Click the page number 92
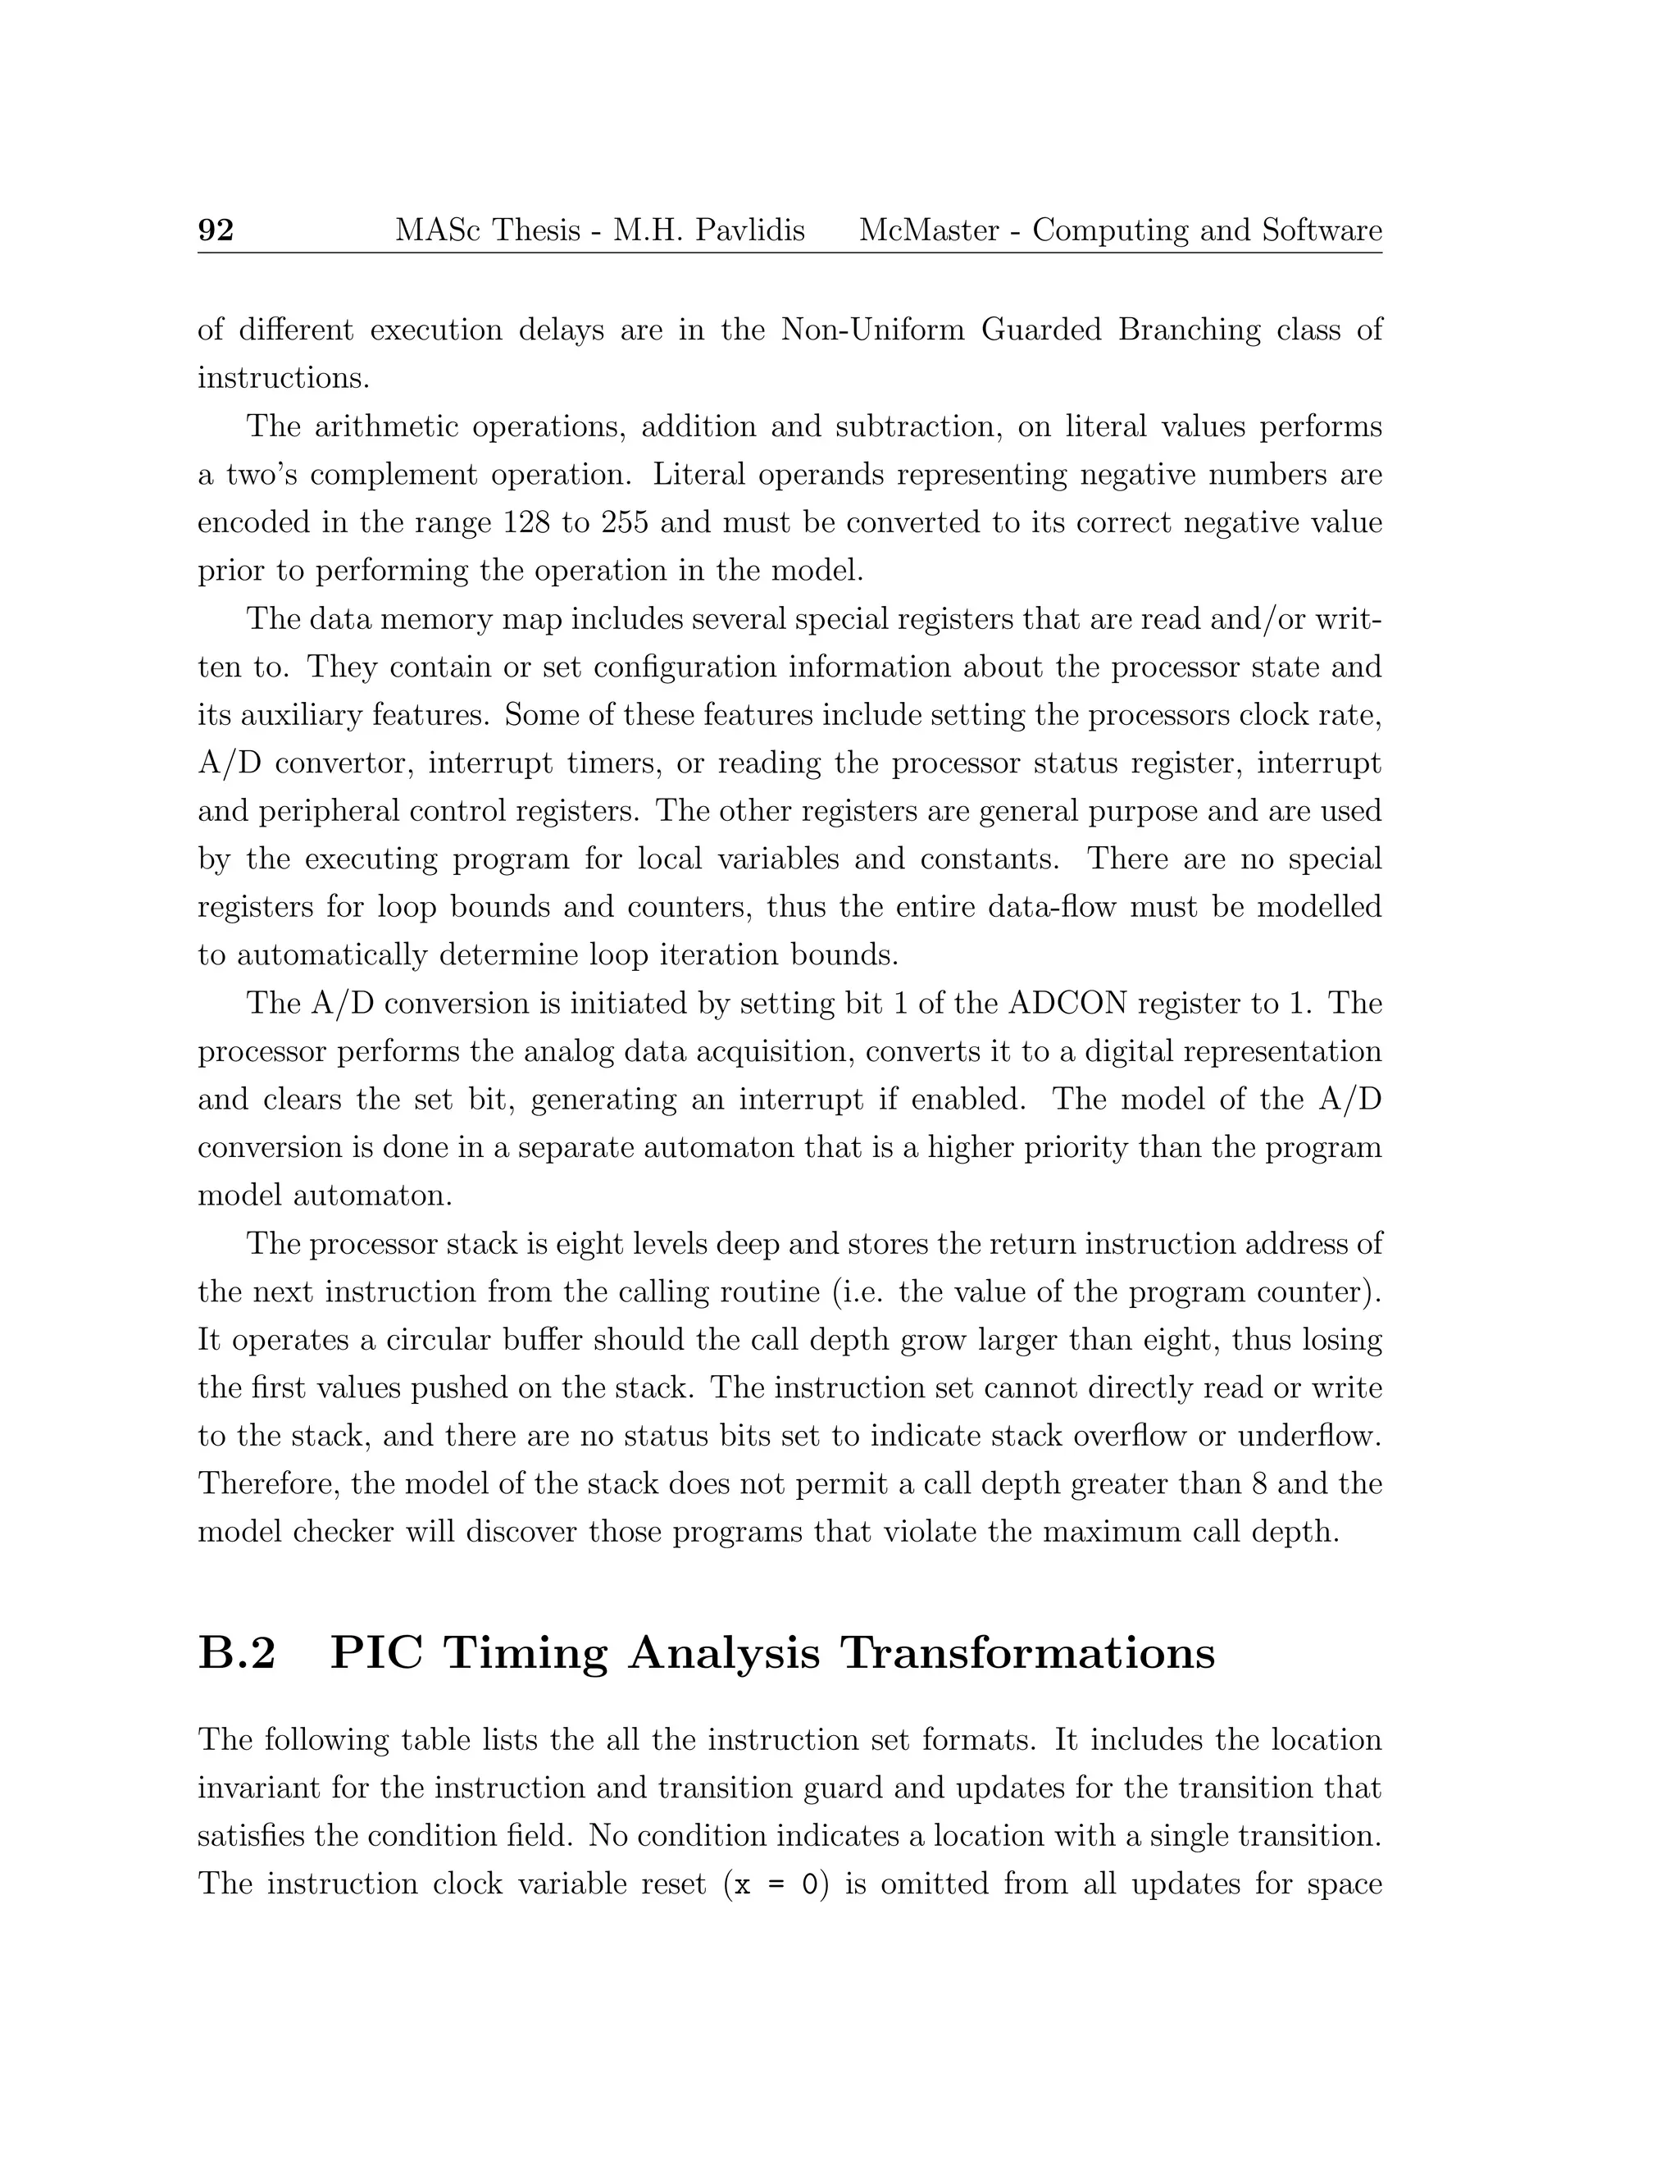pos(216,231)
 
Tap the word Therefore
pos(265,1483)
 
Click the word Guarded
pos(1040,330)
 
